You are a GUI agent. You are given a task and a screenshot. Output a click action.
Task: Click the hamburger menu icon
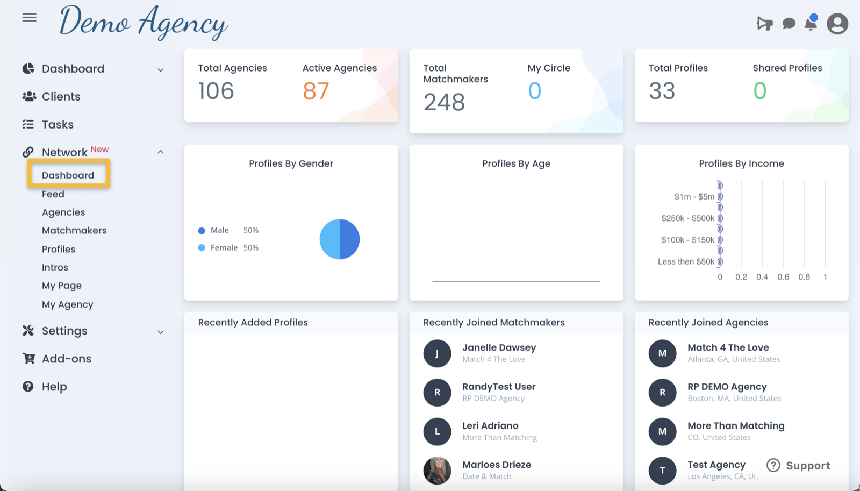(30, 18)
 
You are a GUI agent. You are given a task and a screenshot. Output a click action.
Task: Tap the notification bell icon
(811, 24)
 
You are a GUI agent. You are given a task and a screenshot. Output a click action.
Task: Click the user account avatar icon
(837, 24)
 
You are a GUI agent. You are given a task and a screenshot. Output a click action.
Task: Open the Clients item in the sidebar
(61, 97)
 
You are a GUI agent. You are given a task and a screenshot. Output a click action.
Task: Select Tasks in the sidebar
(58, 125)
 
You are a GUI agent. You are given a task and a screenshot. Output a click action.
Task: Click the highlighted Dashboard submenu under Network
(68, 175)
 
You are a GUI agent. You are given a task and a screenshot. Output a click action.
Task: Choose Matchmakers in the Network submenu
(74, 231)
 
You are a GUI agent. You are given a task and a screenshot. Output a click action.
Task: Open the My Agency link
(68, 304)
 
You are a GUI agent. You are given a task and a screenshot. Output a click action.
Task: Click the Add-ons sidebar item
(67, 359)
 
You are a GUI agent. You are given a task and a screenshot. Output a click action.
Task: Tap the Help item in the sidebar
(54, 387)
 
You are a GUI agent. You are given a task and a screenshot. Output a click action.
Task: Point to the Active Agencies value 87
(316, 91)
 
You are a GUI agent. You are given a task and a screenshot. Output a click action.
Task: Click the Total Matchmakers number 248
(444, 102)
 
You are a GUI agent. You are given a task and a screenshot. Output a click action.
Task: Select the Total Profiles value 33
(662, 91)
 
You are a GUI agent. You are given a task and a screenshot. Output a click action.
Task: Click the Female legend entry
(224, 248)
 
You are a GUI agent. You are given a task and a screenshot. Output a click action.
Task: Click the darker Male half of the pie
(350, 239)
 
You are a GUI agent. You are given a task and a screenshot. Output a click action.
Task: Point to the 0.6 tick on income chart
(783, 277)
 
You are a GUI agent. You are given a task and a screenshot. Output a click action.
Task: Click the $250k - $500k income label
(687, 218)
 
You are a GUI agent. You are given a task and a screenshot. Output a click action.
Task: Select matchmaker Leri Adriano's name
(490, 426)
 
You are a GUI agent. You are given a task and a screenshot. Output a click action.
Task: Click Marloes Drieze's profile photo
(437, 471)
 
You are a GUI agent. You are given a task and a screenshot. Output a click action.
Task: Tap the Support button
(798, 466)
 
